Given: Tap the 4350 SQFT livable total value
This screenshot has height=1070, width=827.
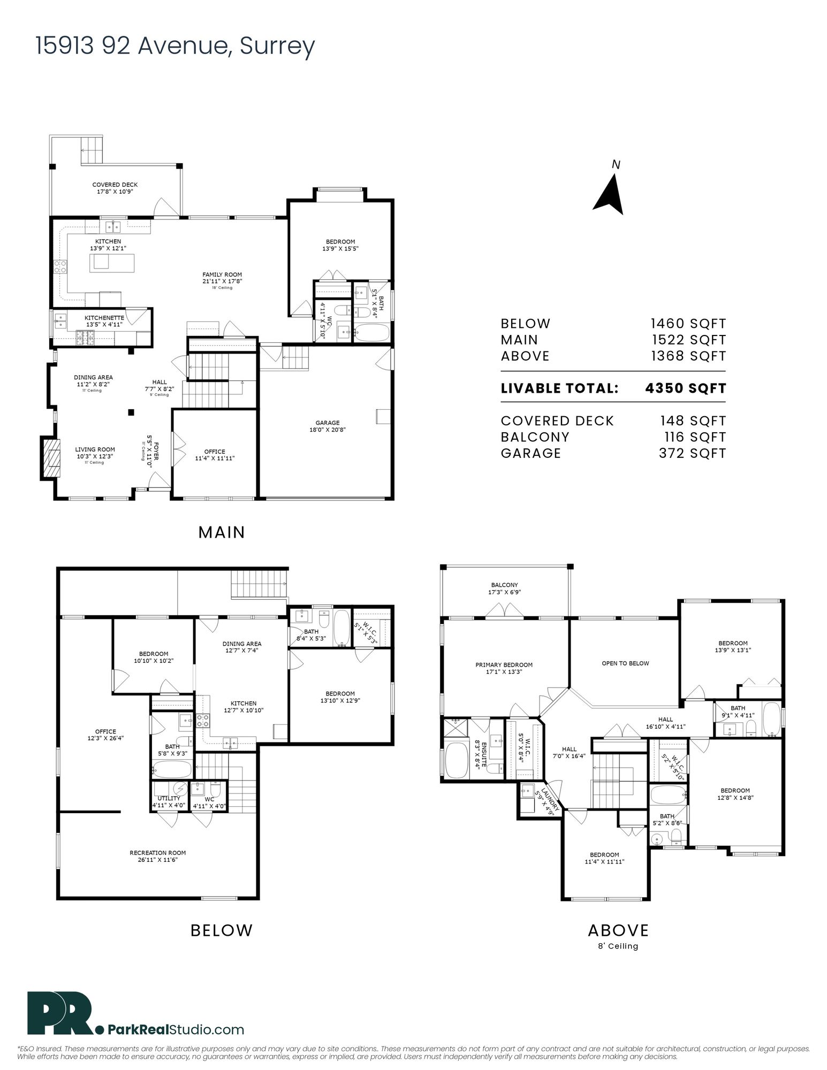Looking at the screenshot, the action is (x=686, y=388).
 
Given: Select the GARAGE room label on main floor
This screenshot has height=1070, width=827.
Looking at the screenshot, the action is (x=327, y=423).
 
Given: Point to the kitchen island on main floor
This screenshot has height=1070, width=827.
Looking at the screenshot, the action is (x=112, y=262).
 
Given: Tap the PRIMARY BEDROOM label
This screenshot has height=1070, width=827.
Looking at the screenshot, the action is (x=504, y=665).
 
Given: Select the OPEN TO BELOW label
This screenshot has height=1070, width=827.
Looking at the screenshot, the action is (x=625, y=663).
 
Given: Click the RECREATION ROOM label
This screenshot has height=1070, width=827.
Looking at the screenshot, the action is (x=157, y=853).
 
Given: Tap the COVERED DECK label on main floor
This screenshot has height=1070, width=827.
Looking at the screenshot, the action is (x=115, y=185).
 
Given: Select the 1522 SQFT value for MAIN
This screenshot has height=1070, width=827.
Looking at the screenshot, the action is (x=688, y=340).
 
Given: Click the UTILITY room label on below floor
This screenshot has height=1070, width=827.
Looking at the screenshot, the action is (x=169, y=799).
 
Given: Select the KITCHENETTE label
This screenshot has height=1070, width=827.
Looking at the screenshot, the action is (x=104, y=318).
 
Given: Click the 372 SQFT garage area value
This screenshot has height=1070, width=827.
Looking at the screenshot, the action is (x=692, y=454).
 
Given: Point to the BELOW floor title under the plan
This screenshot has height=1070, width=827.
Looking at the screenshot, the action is (x=222, y=930).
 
